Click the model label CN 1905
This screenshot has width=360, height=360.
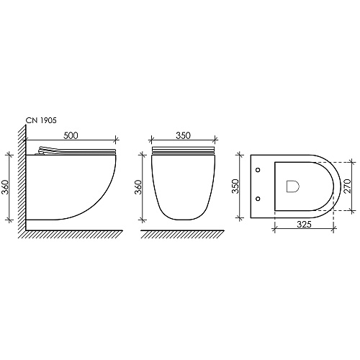(41, 120)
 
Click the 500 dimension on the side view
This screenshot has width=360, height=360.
(71, 135)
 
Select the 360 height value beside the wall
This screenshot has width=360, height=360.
(5, 187)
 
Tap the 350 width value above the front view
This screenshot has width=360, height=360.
(184, 135)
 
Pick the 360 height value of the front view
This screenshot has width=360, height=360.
(139, 187)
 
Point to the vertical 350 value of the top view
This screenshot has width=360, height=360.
(236, 186)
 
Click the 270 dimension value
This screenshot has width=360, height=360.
(347, 186)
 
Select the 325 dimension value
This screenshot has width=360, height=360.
(304, 224)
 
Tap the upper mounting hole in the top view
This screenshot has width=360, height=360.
(258, 170)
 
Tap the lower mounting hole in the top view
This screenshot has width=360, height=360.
(258, 199)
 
